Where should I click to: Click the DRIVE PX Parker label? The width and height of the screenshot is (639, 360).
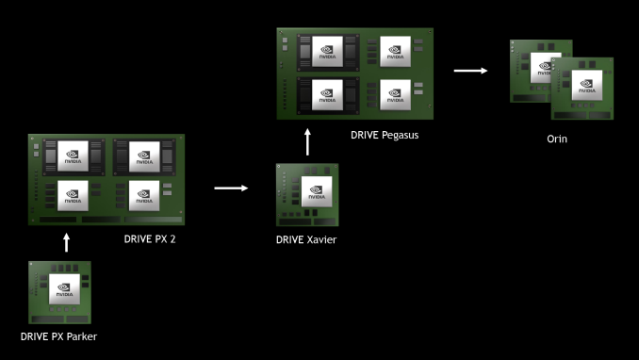pyautogui.click(x=59, y=335)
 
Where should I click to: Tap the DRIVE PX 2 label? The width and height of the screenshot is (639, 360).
pyautogui.click(x=150, y=239)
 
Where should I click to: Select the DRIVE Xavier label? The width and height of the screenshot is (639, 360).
pyautogui.click(x=306, y=240)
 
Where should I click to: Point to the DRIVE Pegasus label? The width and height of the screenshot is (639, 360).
pyautogui.click(x=384, y=135)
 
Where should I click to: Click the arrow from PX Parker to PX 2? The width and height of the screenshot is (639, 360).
pyautogui.click(x=66, y=243)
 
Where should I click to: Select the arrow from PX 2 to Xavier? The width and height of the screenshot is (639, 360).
pyautogui.click(x=230, y=188)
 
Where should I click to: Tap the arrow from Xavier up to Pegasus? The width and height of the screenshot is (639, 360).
pyautogui.click(x=307, y=143)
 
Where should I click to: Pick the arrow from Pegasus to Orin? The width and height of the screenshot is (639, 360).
pyautogui.click(x=469, y=70)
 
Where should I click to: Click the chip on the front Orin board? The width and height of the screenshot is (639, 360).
pyautogui.click(x=586, y=89)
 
